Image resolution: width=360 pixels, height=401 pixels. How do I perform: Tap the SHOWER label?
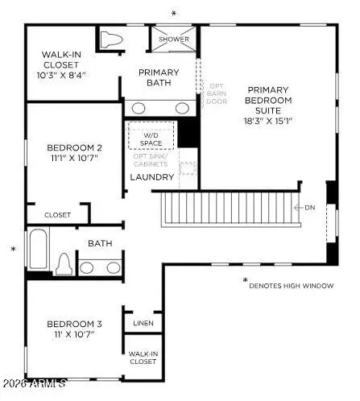pos(174,39)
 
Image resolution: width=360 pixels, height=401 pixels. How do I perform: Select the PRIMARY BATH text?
pos(159,78)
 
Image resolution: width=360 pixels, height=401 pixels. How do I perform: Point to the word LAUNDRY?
pos(152,176)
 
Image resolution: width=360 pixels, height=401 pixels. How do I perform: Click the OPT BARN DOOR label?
pos(217,95)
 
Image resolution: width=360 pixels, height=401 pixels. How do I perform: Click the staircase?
pos(230,209)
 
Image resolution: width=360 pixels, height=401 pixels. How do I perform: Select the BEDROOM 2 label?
pos(74,147)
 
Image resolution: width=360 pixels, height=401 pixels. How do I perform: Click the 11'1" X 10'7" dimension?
pos(74,159)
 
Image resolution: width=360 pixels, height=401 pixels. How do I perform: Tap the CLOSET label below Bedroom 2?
pos(57,215)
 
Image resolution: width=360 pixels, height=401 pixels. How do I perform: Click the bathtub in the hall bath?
pos(38,248)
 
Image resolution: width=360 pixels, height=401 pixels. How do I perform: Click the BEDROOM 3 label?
pos(72,323)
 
